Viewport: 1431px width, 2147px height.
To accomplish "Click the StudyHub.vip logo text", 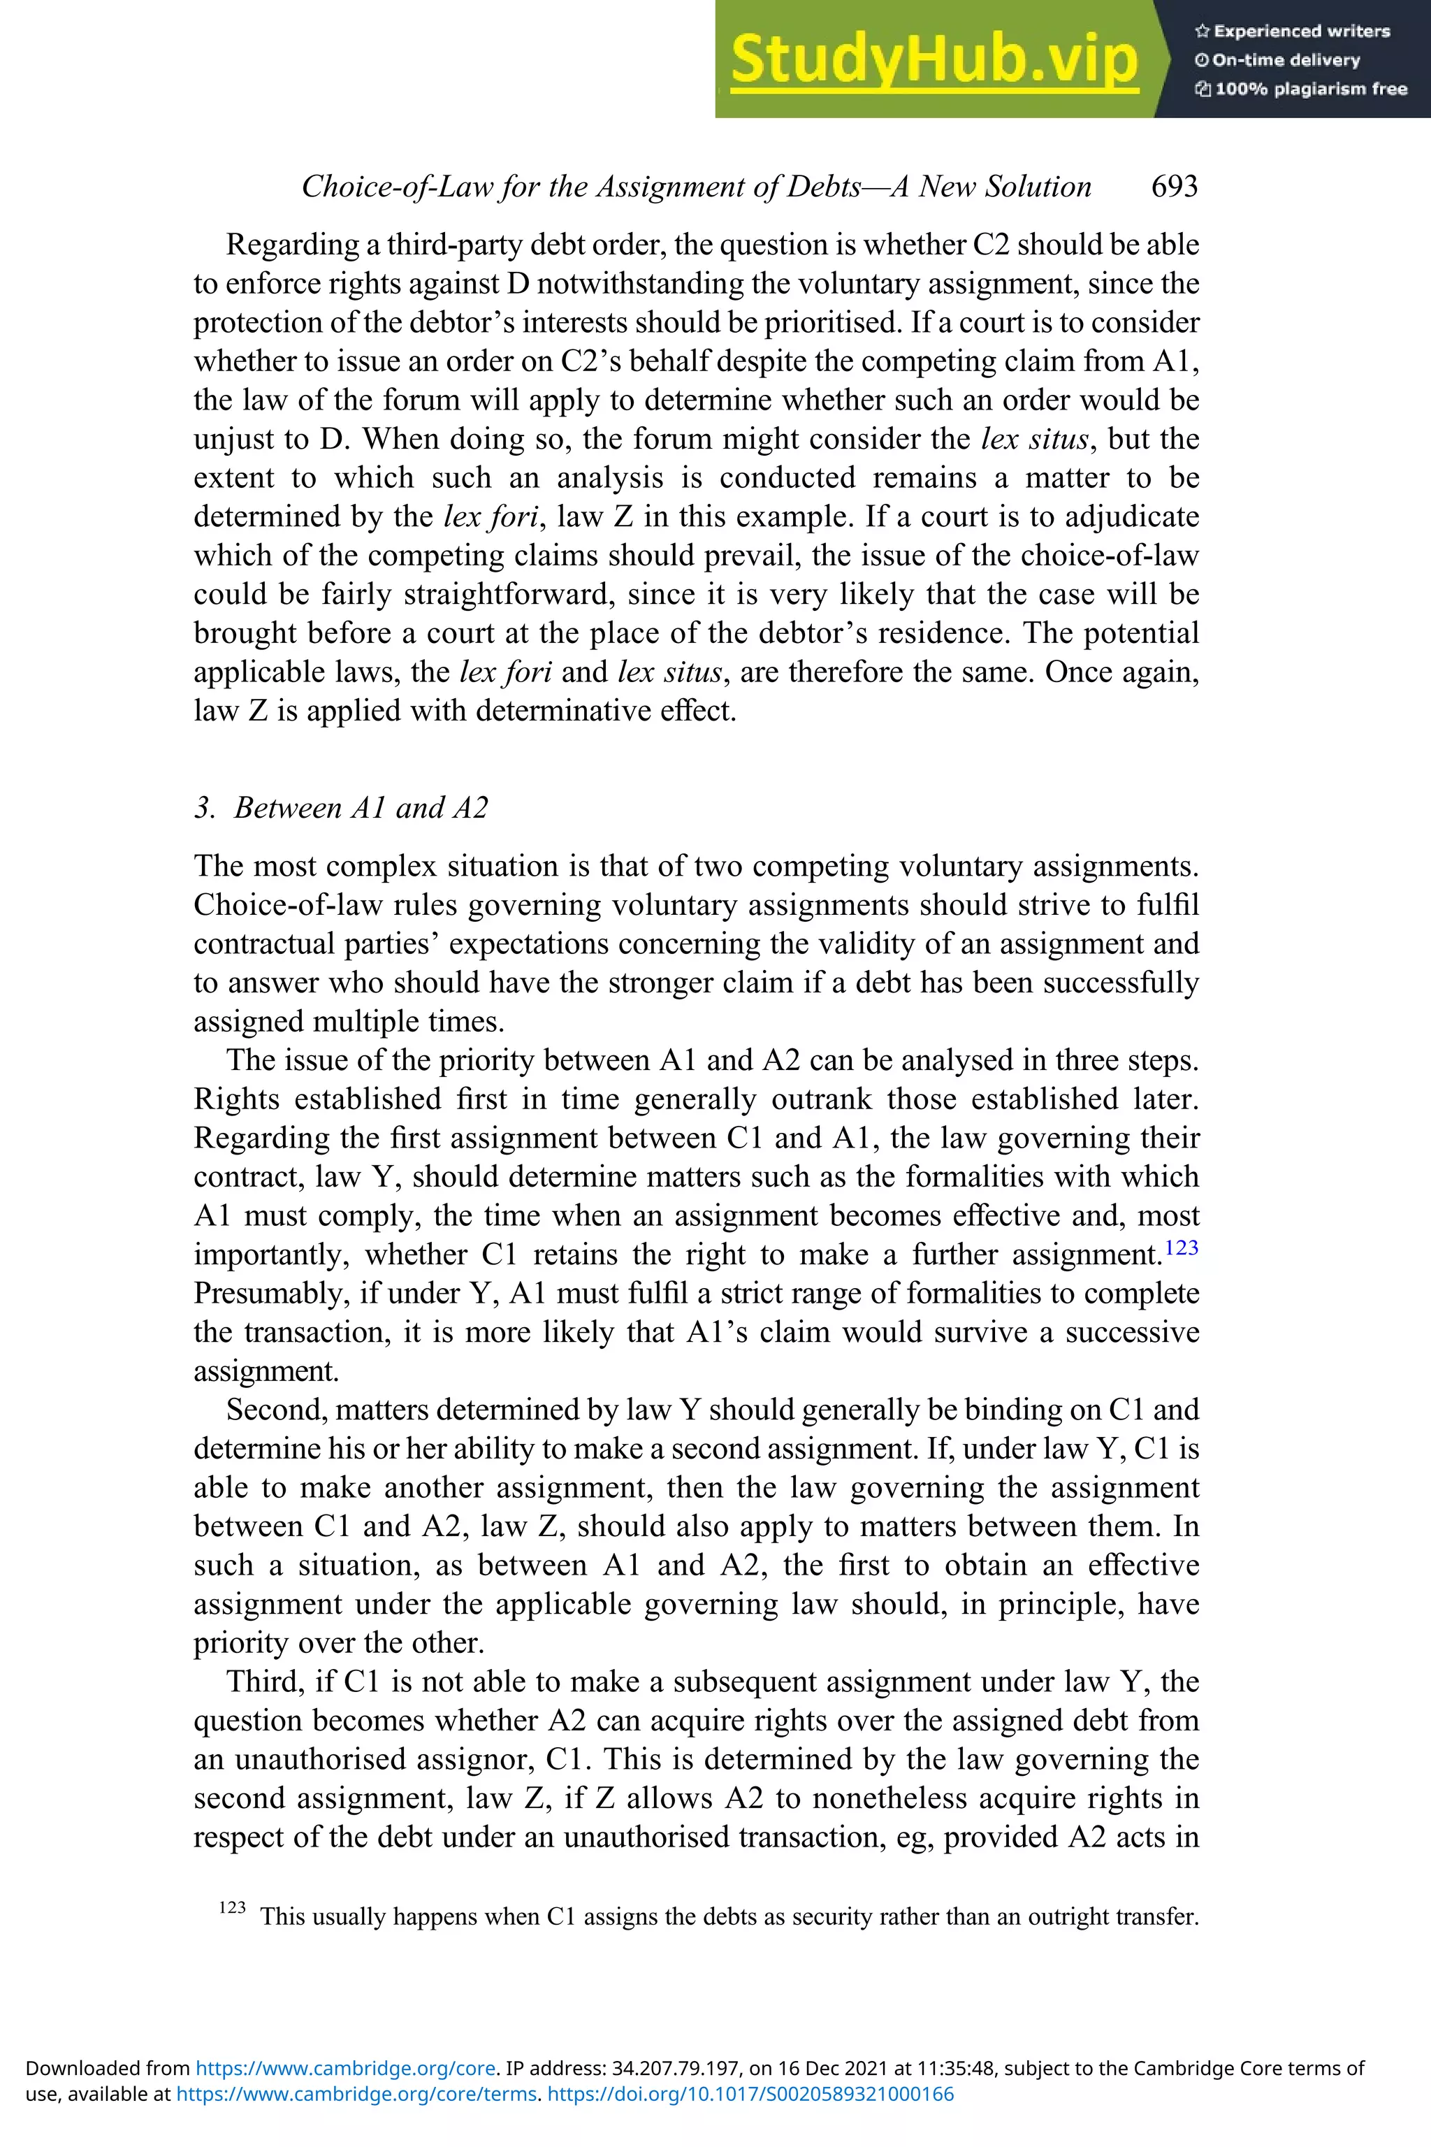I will pos(934,59).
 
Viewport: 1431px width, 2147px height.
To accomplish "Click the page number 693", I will pos(1175,186).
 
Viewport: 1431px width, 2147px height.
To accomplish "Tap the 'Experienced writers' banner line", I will pos(1292,31).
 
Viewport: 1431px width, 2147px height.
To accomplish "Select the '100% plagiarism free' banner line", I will pos(1302,89).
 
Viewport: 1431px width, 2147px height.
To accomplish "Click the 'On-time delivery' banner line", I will pos(1278,60).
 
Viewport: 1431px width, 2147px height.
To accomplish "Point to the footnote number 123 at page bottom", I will pos(233,1907).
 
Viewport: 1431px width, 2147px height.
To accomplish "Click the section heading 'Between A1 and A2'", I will pos(361,807).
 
